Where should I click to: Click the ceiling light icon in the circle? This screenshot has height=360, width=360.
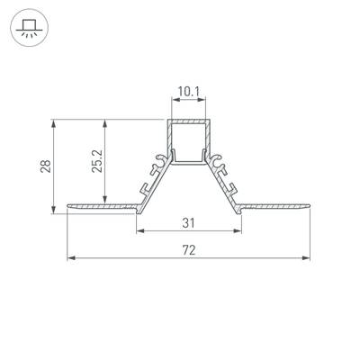tap(29, 29)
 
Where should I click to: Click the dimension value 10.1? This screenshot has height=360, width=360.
tap(189, 92)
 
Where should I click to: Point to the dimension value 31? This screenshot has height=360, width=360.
tap(189, 222)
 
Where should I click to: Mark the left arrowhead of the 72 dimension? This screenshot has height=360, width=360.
tap(70, 259)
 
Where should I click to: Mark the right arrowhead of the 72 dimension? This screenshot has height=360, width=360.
tap(309, 259)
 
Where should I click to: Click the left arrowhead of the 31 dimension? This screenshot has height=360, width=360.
tap(139, 231)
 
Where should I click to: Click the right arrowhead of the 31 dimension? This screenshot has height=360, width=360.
tap(240, 231)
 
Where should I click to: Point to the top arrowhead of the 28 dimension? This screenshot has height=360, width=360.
tap(56, 121)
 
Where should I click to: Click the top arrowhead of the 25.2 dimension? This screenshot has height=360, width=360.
tap(107, 121)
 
